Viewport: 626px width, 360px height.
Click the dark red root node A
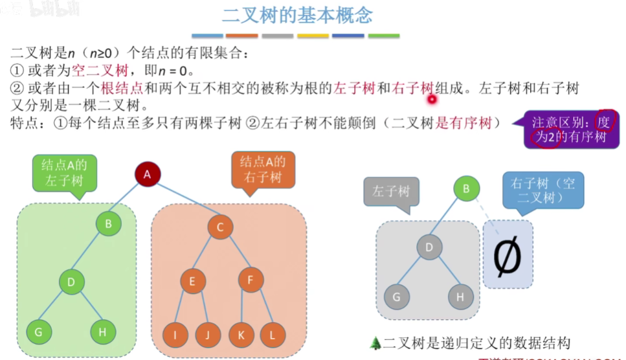pyautogui.click(x=147, y=174)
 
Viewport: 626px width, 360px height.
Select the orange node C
pyautogui.click(x=220, y=227)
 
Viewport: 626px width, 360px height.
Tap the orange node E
pyautogui.click(x=192, y=282)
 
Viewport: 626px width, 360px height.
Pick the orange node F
pyautogui.click(x=251, y=280)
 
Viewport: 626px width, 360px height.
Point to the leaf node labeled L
pyautogui.click(x=273, y=335)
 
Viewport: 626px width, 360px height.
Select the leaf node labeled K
pyautogui.click(x=241, y=335)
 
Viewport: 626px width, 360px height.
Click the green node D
pyautogui.click(x=72, y=282)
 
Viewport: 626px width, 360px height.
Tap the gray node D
pyautogui.click(x=428, y=246)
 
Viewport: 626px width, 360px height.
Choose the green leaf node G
pyautogui.click(x=39, y=332)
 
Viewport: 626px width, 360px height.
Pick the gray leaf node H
pyautogui.click(x=460, y=297)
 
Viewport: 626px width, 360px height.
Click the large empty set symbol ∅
pyautogui.click(x=508, y=256)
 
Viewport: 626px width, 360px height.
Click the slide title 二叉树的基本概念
pyautogui.click(x=297, y=16)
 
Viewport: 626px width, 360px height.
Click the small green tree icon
pyautogui.click(x=377, y=343)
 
